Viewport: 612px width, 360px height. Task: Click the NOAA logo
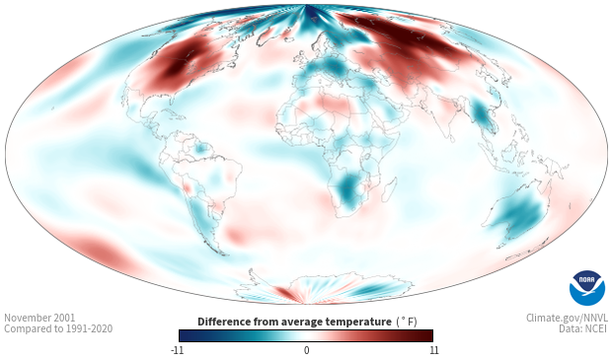(x=587, y=288)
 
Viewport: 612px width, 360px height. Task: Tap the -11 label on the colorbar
(x=177, y=350)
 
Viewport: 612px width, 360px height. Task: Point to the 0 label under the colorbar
(x=306, y=350)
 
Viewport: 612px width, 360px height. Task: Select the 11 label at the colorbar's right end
(x=434, y=350)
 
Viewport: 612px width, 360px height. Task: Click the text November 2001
(x=39, y=318)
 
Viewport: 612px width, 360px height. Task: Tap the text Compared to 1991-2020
(x=58, y=328)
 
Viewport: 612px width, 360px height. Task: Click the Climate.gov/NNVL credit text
(x=567, y=318)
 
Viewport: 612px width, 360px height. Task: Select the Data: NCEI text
(x=583, y=328)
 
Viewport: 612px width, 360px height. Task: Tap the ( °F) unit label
(x=407, y=323)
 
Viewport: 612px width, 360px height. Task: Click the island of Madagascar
(x=389, y=189)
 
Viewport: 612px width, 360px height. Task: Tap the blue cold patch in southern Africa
(x=347, y=188)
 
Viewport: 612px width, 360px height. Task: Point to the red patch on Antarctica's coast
(x=285, y=293)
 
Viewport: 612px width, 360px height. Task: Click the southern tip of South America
(x=223, y=254)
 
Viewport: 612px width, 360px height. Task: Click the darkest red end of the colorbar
(x=430, y=335)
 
